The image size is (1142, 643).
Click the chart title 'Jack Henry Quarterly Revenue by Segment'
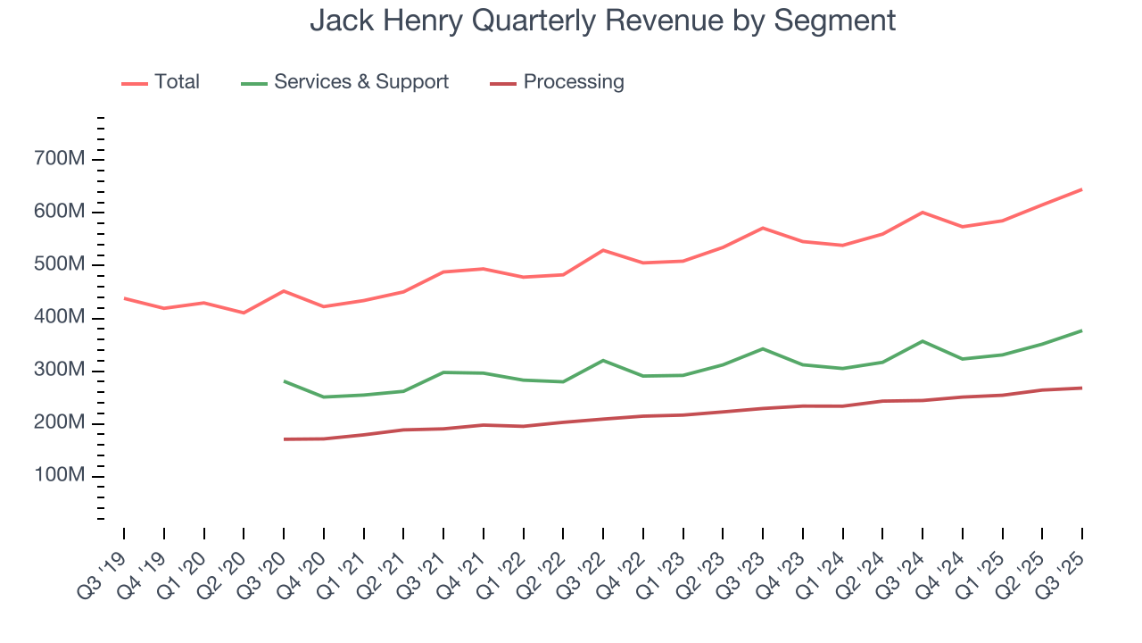602,20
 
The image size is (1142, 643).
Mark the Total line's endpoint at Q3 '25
1082,189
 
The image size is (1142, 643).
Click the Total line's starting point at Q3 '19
124,298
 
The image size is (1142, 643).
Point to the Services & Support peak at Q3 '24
923,341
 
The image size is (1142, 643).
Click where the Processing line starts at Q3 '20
284,439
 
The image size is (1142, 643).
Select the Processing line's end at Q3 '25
1082,388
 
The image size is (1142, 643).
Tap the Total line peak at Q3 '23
763,228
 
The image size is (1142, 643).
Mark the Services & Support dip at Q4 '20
324,397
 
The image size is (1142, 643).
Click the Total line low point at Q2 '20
244,313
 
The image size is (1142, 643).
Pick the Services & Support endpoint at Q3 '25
1082,330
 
